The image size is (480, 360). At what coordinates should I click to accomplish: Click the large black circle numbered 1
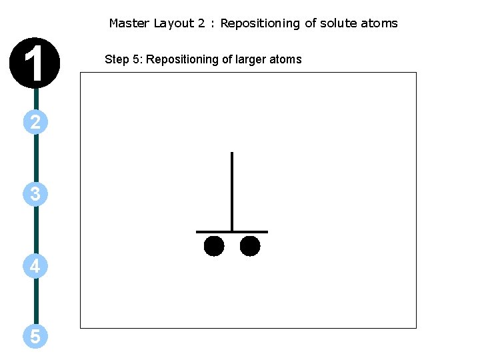point(35,63)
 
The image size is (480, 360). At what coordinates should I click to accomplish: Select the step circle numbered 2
point(35,122)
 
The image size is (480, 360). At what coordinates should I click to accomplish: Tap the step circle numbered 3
point(35,194)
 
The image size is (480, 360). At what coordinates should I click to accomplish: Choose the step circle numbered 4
point(35,267)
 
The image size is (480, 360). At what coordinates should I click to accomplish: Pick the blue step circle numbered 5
point(35,337)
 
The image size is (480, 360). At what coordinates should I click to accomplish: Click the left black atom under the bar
point(214,246)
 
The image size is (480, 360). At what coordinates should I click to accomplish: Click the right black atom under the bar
point(250,246)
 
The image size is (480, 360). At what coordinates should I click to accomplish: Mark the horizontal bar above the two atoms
point(232,232)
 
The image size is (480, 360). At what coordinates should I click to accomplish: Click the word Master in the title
point(129,23)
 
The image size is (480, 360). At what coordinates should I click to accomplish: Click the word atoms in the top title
point(379,23)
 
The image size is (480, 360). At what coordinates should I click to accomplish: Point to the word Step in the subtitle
point(117,59)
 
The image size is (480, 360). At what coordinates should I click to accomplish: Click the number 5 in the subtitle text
point(137,59)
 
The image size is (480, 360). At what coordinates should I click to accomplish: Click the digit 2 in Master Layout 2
point(201,23)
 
